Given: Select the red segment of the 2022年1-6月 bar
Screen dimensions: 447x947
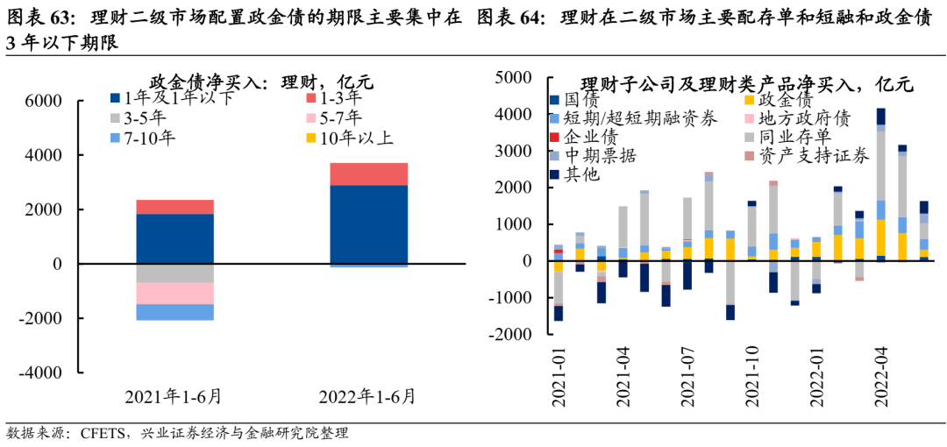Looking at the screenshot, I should coord(368,174).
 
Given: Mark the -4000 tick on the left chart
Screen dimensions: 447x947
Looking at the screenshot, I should coord(40,372).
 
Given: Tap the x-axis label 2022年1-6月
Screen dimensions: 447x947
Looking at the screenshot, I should coord(367,396).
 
